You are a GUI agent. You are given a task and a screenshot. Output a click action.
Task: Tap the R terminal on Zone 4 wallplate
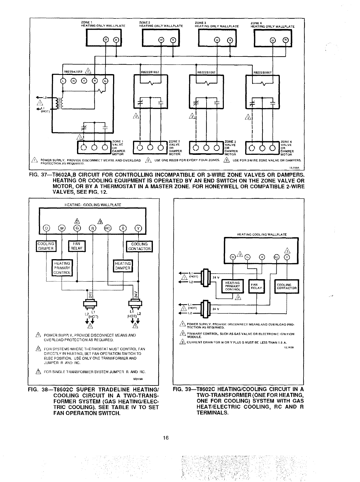285,40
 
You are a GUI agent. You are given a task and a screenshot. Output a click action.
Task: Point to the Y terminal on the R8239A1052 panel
84,81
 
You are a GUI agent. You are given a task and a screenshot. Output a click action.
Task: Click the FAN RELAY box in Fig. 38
77,246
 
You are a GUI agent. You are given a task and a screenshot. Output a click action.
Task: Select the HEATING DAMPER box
123,266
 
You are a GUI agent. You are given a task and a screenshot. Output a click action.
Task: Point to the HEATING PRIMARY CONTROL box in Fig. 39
232,286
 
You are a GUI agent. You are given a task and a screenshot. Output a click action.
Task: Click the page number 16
165,438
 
